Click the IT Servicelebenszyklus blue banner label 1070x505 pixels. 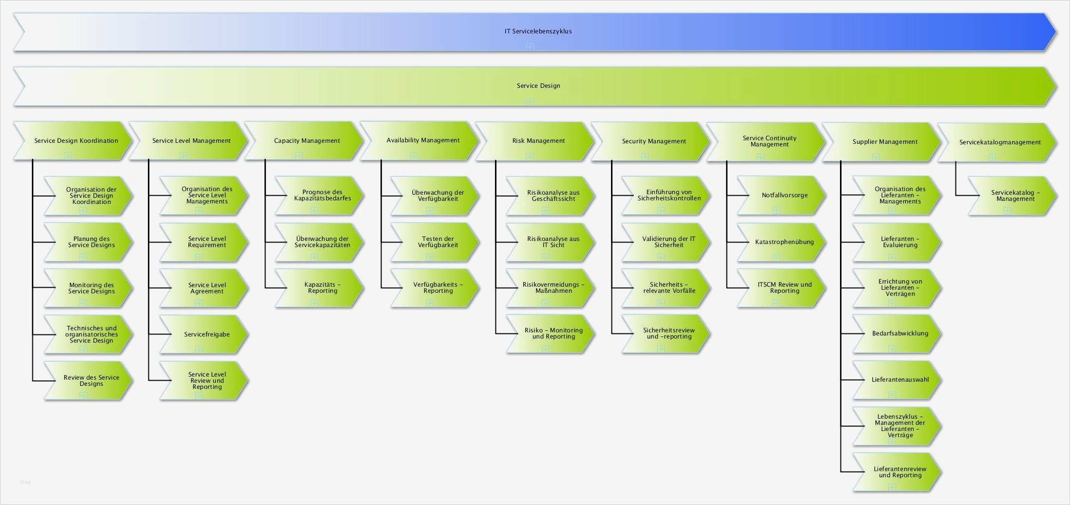[x=538, y=31]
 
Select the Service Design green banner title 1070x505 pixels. [x=538, y=86]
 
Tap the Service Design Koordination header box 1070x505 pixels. [x=76, y=141]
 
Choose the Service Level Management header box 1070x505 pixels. [x=191, y=141]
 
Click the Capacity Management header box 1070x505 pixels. [x=307, y=141]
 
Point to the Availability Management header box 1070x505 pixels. [x=423, y=140]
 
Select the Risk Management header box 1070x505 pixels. [x=538, y=141]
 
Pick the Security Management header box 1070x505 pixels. [x=654, y=141]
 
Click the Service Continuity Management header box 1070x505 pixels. [x=769, y=141]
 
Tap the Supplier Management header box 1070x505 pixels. [x=885, y=142]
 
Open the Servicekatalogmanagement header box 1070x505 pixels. [x=1000, y=142]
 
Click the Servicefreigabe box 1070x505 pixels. [x=206, y=334]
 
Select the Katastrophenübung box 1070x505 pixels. [x=784, y=242]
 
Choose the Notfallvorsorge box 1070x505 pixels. [x=784, y=195]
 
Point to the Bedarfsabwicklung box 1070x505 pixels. [x=900, y=333]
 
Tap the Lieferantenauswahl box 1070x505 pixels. [x=900, y=380]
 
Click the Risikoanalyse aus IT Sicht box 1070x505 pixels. [x=553, y=242]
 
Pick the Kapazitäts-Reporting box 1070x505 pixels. [x=322, y=288]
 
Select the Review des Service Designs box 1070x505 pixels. [x=91, y=381]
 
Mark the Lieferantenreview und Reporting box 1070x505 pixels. [x=900, y=472]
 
